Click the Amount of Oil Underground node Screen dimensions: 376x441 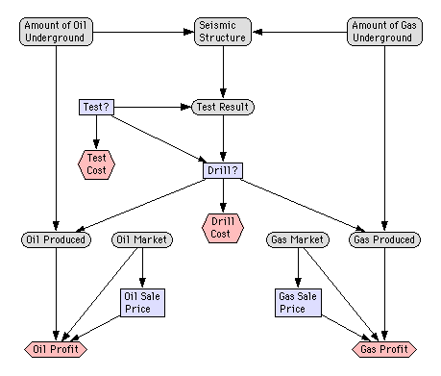[x=57, y=31]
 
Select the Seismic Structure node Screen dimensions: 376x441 [x=222, y=31]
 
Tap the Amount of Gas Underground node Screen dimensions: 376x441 [x=384, y=31]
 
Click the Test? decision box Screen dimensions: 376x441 [x=96, y=107]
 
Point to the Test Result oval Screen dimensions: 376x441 [x=223, y=107]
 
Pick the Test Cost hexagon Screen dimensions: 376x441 [x=96, y=163]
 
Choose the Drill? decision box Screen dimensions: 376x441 [x=223, y=170]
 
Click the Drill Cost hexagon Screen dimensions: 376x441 [x=223, y=228]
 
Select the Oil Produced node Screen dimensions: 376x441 [x=56, y=239]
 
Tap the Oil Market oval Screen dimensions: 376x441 [x=141, y=239]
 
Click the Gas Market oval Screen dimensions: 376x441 [x=298, y=239]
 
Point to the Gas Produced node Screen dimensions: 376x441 [x=384, y=239]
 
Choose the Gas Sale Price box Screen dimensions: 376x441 [x=299, y=303]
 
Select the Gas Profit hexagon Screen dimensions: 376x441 [x=384, y=348]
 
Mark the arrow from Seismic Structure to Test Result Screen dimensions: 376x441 [x=223, y=72]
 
